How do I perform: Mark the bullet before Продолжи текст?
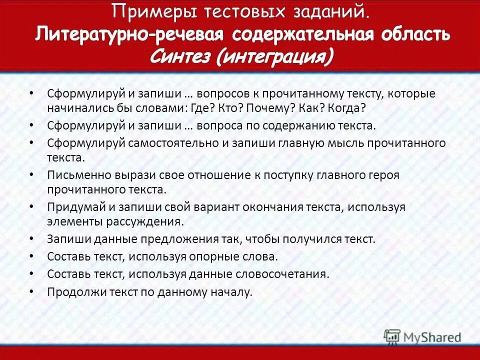point(32,291)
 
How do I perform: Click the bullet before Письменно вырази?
point(32,175)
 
